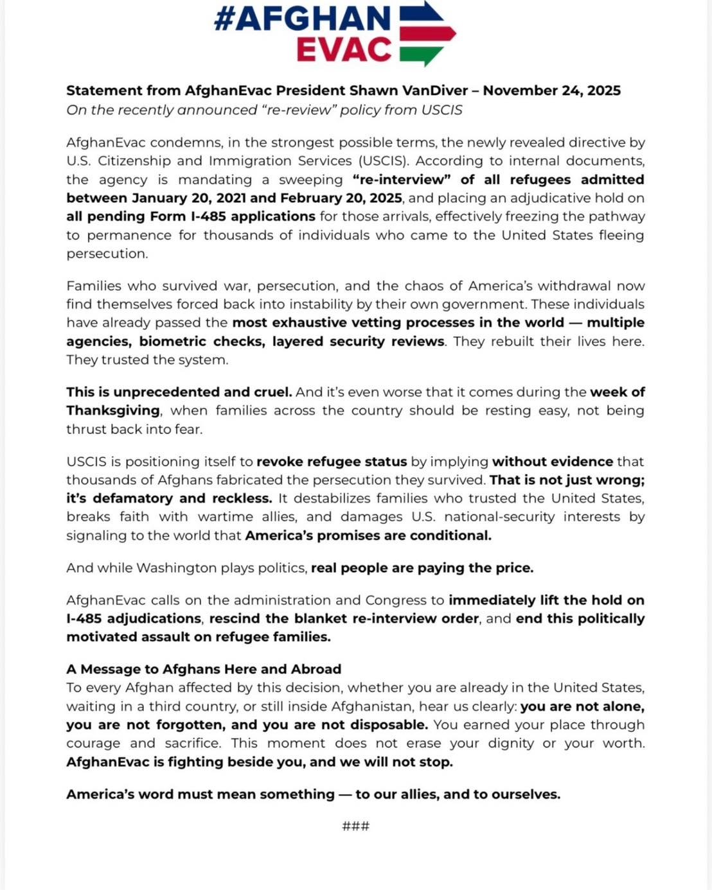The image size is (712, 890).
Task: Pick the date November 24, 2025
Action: [x=551, y=91]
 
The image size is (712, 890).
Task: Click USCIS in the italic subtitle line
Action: [x=441, y=110]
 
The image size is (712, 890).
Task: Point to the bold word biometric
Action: [x=174, y=341]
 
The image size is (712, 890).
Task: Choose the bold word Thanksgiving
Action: [x=113, y=410]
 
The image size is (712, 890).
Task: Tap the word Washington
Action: [x=177, y=568]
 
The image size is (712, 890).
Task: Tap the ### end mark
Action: [x=356, y=826]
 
